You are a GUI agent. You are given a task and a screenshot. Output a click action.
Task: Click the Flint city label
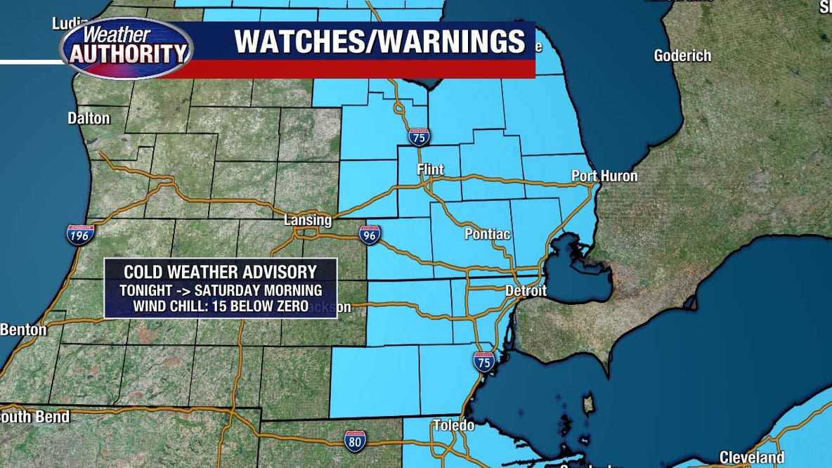[431, 169]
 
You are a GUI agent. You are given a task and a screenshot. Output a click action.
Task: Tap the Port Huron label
[604, 176]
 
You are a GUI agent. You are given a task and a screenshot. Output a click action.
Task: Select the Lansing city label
[307, 220]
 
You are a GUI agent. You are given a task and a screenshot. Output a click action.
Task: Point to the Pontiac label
[487, 234]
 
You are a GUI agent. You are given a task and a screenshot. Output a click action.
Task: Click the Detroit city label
[526, 290]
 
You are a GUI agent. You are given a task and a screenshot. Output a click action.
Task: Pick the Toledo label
[453, 425]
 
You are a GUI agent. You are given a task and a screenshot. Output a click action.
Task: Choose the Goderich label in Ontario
[682, 56]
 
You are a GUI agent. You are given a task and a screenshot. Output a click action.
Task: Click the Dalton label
[89, 118]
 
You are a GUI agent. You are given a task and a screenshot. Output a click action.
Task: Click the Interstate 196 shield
[81, 234]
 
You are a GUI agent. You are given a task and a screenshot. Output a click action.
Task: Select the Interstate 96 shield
[370, 235]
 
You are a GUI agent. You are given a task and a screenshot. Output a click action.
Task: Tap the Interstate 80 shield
[355, 441]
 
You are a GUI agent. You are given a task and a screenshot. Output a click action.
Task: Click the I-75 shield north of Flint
[419, 137]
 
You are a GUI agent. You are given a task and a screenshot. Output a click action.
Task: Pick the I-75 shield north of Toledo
[483, 361]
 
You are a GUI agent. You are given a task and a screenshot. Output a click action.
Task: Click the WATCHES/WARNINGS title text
[379, 41]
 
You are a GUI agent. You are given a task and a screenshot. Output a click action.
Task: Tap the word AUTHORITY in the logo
[126, 53]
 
